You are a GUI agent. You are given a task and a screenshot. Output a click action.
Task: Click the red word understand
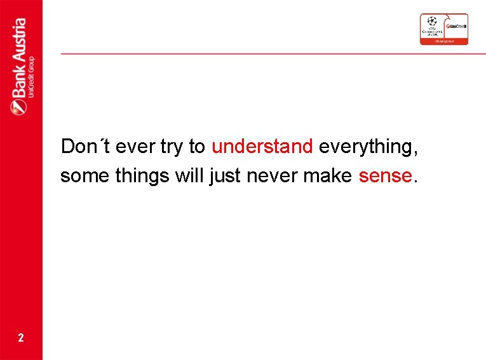pyautogui.click(x=262, y=147)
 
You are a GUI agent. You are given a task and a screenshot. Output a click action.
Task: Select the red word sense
pyautogui.click(x=386, y=175)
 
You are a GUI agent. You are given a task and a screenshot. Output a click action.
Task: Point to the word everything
pyautogui.click(x=368, y=147)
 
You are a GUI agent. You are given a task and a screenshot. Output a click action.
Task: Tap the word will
pyautogui.click(x=189, y=175)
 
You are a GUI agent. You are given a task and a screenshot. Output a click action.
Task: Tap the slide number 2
pyautogui.click(x=21, y=338)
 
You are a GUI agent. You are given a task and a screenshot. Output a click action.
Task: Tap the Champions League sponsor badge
pyautogui.click(x=443, y=29)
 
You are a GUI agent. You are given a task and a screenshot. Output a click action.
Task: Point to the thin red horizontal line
pyautogui.click(x=273, y=53)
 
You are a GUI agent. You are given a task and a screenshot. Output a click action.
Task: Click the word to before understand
pyautogui.click(x=197, y=147)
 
